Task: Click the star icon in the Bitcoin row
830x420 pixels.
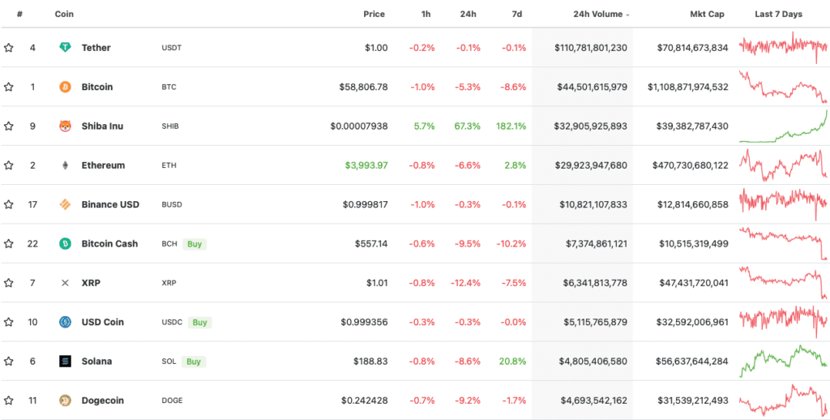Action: (x=9, y=87)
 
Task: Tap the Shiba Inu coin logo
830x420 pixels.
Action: (x=65, y=126)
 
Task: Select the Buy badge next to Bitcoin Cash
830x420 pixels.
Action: (x=194, y=243)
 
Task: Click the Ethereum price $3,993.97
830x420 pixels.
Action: (x=366, y=165)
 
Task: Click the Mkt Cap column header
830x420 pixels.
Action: (x=707, y=15)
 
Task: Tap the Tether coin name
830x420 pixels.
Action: (x=96, y=48)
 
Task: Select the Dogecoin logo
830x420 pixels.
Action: (x=65, y=401)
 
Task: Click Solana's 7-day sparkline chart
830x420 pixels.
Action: (x=783, y=361)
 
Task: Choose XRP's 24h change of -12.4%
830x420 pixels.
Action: (x=465, y=283)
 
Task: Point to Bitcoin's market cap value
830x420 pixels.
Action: (x=687, y=87)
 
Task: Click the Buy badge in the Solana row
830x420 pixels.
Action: (x=193, y=361)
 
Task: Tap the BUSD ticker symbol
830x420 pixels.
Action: (x=173, y=204)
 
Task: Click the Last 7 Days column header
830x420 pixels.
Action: (x=778, y=15)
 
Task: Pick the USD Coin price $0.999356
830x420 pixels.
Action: (x=364, y=322)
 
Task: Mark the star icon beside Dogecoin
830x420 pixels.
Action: (x=9, y=401)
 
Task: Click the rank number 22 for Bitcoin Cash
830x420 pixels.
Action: (x=32, y=243)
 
